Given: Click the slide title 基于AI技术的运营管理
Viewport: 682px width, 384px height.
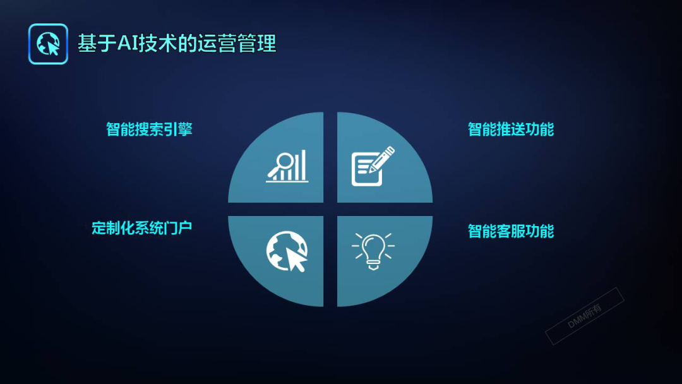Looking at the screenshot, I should (177, 44).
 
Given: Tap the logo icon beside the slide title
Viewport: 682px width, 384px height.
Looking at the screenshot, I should (48, 44).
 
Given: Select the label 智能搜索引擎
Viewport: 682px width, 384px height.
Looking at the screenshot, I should (149, 129).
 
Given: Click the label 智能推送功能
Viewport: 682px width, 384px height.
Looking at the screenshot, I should (510, 129).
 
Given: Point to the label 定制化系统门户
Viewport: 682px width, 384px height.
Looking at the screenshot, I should (141, 227).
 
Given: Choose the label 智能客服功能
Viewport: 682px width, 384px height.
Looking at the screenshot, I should (510, 231).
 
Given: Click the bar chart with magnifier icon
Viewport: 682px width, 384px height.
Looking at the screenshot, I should (288, 166).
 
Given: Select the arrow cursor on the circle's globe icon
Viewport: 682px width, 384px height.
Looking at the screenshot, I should (296, 259).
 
